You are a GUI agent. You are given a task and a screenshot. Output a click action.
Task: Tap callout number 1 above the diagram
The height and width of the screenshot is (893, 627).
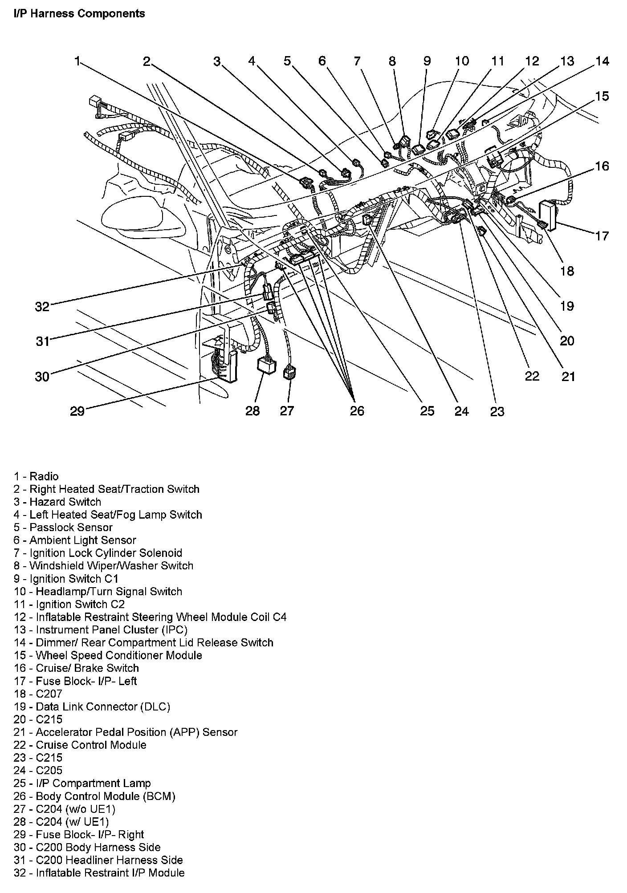click(77, 61)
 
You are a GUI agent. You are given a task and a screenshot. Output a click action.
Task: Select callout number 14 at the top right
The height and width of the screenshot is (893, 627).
click(602, 61)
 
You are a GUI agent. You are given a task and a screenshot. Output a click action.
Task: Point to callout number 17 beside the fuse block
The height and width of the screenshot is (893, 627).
click(602, 235)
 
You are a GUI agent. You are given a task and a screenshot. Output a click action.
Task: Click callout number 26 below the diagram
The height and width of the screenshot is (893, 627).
click(357, 410)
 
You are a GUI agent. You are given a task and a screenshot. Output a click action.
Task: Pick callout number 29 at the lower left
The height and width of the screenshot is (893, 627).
click(77, 410)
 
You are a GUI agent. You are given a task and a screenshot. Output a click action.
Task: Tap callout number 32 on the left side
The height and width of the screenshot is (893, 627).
click(42, 306)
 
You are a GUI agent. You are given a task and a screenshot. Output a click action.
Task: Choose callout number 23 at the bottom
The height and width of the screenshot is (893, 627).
click(497, 412)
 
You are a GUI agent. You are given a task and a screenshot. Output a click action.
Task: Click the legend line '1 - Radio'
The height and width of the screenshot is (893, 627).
click(36, 476)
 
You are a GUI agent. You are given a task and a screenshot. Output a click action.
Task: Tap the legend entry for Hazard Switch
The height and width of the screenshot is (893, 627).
click(57, 502)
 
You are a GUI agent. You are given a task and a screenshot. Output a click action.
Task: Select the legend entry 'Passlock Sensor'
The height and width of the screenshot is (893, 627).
click(63, 528)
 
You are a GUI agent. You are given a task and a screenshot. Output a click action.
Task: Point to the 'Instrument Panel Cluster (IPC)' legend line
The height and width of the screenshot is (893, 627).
click(101, 630)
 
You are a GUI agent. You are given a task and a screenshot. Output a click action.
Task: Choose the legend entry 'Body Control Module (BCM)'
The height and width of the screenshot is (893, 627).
click(94, 796)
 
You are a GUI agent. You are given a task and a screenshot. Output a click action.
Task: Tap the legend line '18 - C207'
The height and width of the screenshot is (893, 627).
click(38, 694)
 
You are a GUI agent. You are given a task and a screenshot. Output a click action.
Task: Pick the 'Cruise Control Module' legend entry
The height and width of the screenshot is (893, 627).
click(80, 745)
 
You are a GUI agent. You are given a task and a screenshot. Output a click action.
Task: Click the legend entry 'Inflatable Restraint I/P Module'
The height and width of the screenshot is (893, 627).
click(99, 873)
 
